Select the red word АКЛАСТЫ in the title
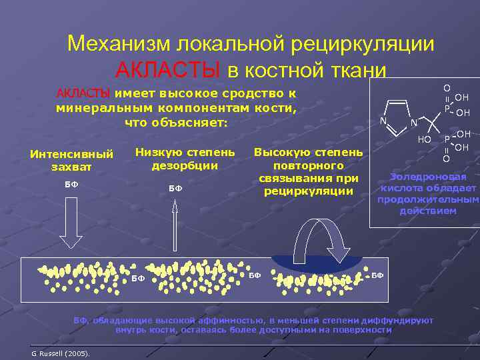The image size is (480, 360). point(167,69)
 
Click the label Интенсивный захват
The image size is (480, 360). point(72,160)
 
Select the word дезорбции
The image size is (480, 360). point(185,165)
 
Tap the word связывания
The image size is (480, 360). point(309,178)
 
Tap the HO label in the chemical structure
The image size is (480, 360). point(424,139)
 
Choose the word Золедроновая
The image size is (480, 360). point(428,177)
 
